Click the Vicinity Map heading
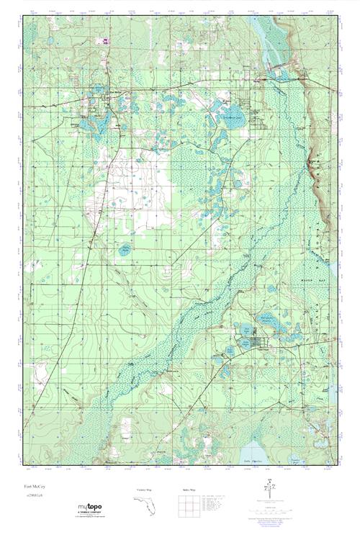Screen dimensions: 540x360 (146, 490)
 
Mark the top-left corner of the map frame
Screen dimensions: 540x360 (24, 15)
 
